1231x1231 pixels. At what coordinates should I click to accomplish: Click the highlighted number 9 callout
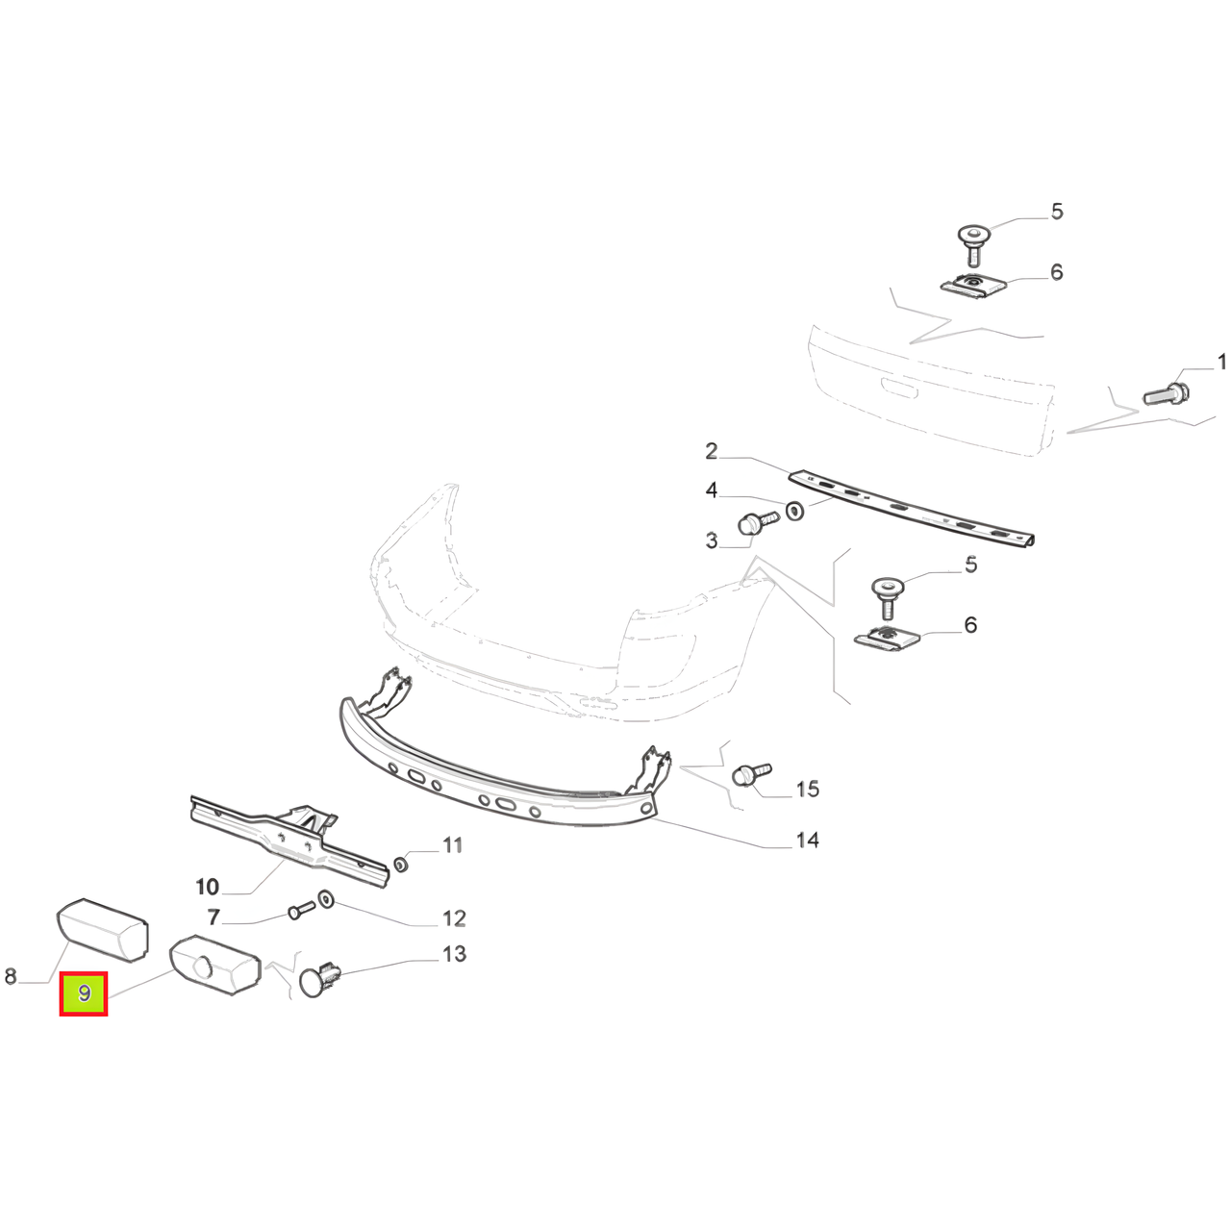click(x=84, y=993)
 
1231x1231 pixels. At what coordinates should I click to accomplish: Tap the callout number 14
click(x=807, y=840)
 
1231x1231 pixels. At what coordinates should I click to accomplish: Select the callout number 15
click(x=808, y=789)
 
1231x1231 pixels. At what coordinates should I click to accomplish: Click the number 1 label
click(x=1221, y=363)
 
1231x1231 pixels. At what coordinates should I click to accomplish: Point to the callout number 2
click(x=711, y=452)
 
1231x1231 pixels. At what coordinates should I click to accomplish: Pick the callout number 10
click(x=207, y=887)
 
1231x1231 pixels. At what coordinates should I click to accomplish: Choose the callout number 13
click(x=454, y=954)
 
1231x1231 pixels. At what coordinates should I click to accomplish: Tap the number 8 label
click(x=11, y=976)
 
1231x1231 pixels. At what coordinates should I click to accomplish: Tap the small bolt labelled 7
click(x=302, y=910)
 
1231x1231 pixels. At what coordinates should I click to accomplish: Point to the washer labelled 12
click(x=326, y=901)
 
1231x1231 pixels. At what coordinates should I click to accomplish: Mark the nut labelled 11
click(x=400, y=865)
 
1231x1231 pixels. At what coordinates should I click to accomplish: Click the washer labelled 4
click(x=794, y=511)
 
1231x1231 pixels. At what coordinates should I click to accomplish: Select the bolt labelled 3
click(x=757, y=523)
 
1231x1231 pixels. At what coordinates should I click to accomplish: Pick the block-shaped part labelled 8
click(x=103, y=929)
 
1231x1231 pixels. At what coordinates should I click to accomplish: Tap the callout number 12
click(x=454, y=918)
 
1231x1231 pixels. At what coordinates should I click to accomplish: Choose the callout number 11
click(x=452, y=845)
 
